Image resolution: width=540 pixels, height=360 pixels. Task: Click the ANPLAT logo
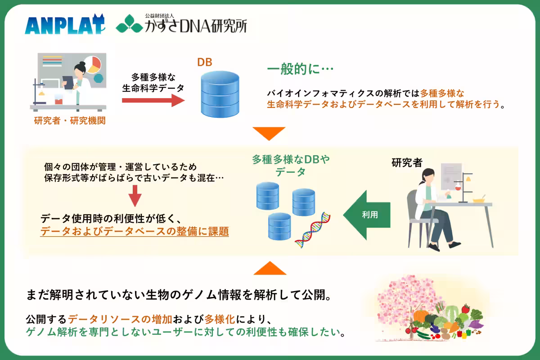pos(65,25)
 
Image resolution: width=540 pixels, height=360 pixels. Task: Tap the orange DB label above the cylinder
pos(205,62)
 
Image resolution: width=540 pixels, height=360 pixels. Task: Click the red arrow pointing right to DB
pos(153,100)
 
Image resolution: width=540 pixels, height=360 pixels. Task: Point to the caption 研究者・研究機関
pos(70,121)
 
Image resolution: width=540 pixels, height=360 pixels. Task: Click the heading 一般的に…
pos(300,70)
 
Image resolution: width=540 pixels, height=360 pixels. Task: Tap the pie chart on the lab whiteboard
pos(92,64)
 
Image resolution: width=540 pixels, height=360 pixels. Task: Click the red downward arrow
pos(135,199)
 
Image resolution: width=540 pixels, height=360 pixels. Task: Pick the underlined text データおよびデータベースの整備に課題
pos(135,232)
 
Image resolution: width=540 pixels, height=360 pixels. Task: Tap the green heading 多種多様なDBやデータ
pos(291,165)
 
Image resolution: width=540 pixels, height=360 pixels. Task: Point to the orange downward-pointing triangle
pos(269,133)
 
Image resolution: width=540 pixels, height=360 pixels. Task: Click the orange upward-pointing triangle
pos(270,268)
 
